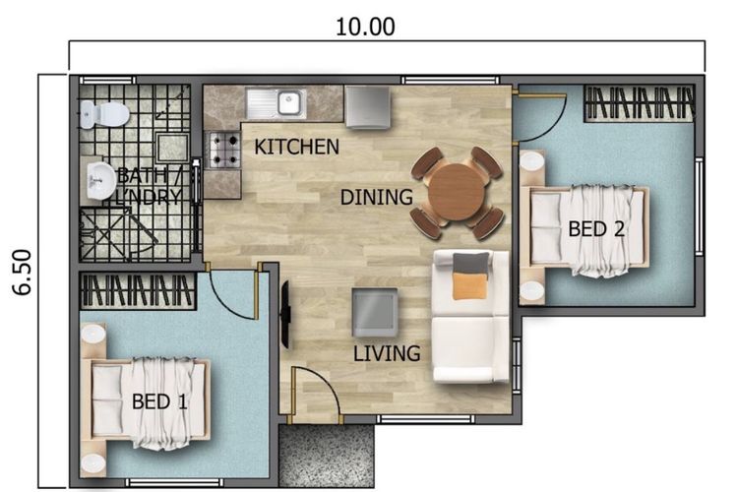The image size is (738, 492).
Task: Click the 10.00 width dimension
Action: click(365, 27)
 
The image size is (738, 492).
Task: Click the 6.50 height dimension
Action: click(22, 273)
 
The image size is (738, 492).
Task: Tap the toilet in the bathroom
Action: click(104, 114)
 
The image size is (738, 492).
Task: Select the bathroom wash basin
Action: click(100, 181)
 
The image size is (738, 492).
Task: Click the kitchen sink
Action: click(276, 104)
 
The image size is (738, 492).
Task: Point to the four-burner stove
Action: click(224, 150)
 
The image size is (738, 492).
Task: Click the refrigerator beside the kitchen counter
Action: click(368, 107)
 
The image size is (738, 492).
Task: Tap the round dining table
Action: click(457, 192)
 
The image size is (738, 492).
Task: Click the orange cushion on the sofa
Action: click(469, 285)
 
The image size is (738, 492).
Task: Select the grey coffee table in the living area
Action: click(375, 312)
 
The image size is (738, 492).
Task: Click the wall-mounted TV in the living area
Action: click(285, 315)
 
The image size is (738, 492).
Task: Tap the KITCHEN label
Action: click(296, 147)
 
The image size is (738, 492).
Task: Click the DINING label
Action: click(377, 197)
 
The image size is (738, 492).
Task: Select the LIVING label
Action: click(387, 353)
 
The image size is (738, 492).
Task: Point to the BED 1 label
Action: click(159, 401)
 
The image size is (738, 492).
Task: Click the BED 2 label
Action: click(596, 229)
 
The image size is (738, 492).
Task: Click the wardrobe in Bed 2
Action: click(640, 103)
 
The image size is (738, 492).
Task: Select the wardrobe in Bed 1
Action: click(138, 291)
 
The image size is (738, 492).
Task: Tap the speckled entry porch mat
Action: click(327, 456)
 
